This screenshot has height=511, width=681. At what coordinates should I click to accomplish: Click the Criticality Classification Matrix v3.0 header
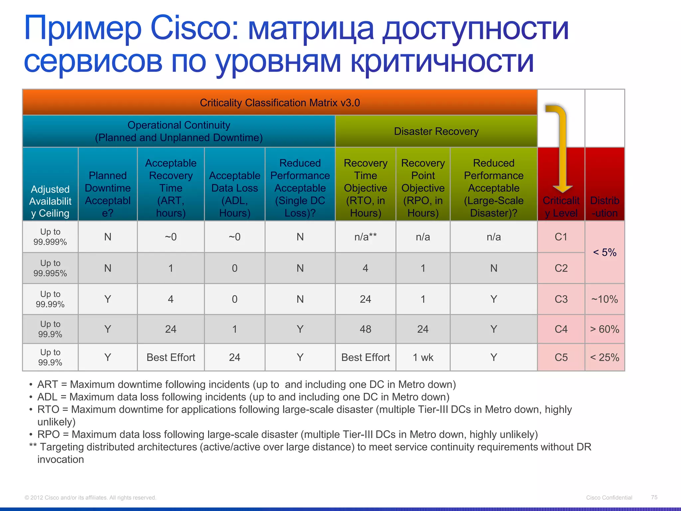[280, 102]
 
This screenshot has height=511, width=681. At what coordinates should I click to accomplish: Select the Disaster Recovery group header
[436, 131]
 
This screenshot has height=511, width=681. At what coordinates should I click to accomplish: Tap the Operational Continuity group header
[179, 131]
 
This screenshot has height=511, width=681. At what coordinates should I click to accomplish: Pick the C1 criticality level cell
[561, 237]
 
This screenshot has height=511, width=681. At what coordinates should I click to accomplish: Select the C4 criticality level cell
[561, 329]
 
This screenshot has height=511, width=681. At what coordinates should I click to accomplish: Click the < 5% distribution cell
[605, 252]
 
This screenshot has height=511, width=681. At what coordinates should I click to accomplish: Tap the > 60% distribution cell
[605, 329]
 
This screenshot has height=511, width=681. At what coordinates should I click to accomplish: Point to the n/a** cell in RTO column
[365, 237]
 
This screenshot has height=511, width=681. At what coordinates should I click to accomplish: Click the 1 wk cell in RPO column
[423, 357]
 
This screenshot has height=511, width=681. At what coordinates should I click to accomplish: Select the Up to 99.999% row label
[50, 237]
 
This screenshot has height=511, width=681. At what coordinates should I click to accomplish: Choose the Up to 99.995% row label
[50, 268]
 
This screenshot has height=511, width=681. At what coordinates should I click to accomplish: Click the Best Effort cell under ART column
[171, 357]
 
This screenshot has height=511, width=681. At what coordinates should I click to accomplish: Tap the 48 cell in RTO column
[365, 329]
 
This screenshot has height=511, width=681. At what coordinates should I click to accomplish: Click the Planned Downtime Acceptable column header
[108, 194]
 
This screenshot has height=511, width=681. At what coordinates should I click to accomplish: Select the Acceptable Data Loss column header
[234, 194]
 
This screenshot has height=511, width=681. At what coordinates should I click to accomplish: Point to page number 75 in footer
[654, 497]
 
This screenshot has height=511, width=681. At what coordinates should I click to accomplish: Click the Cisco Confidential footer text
[609, 498]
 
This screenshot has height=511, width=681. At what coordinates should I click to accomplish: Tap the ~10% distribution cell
[605, 299]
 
